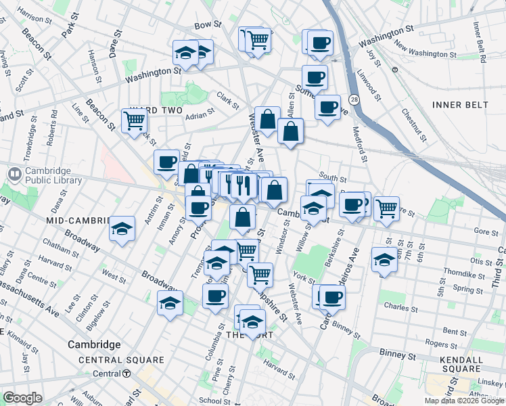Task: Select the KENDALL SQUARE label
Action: click(477, 365)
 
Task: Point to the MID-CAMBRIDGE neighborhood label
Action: click(78, 221)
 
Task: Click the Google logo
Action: click(22, 398)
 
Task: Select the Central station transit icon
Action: click(127, 374)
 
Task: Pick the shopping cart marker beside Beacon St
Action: click(134, 121)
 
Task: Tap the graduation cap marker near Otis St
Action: click(384, 259)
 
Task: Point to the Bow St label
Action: click(208, 24)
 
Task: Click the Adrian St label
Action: click(200, 114)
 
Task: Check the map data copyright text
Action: click(465, 401)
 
